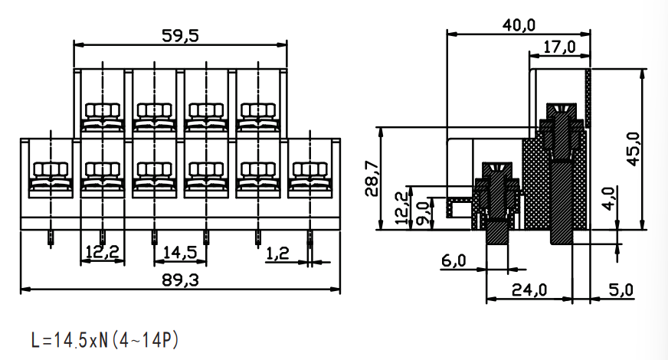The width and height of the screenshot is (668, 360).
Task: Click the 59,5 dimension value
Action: pyautogui.click(x=180, y=35)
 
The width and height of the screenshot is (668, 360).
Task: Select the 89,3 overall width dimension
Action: pyautogui.click(x=180, y=280)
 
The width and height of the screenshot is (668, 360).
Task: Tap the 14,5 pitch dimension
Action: pyautogui.click(x=180, y=252)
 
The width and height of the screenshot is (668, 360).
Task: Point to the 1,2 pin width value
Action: pyautogui.click(x=277, y=254)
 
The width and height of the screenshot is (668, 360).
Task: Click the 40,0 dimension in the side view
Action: pyautogui.click(x=519, y=25)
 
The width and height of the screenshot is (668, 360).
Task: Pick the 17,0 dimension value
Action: pyautogui.click(x=560, y=47)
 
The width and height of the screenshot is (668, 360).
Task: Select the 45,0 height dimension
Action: pyautogui.click(x=634, y=149)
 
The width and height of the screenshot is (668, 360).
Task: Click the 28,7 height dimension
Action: pyautogui.click(x=372, y=178)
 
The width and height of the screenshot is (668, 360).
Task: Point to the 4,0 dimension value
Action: pyautogui.click(x=610, y=198)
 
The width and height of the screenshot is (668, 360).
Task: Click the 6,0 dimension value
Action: pyautogui.click(x=454, y=260)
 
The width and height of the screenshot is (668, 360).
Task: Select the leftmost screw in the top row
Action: pyautogui.click(x=102, y=117)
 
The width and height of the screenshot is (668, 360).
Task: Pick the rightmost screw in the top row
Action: pyautogui.click(x=257, y=117)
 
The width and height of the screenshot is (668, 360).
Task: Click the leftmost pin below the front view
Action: pyautogui.click(x=51, y=238)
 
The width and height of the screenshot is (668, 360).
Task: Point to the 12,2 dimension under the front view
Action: pyautogui.click(x=102, y=252)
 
